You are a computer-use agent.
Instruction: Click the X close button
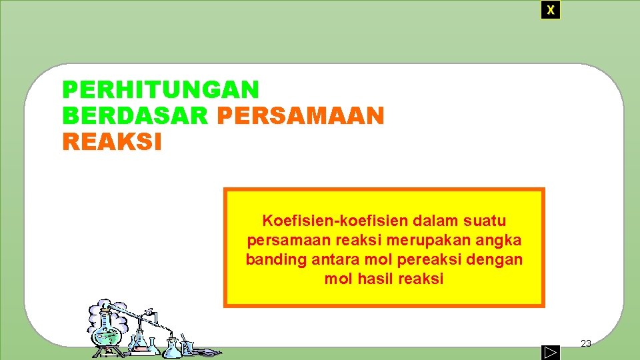click(550, 10)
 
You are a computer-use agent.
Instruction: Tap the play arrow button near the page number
click(550, 351)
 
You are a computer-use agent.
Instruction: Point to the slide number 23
click(586, 343)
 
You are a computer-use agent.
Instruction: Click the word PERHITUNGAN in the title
click(160, 89)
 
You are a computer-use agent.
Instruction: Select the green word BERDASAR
click(136, 116)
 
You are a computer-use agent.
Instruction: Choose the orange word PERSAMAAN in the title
click(301, 116)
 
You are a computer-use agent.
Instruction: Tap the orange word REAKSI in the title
click(112, 142)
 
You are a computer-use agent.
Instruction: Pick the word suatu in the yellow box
click(483, 221)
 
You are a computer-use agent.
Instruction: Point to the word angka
click(499, 240)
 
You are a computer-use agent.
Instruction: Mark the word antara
click(334, 259)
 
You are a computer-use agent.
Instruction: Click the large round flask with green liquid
click(107, 327)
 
